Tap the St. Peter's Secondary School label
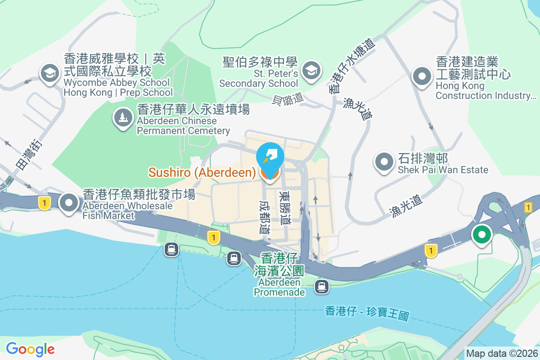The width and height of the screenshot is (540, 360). tap(259, 73)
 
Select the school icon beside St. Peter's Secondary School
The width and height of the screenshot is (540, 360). tap(310, 70)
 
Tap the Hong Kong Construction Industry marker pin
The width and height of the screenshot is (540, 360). tap(422, 75)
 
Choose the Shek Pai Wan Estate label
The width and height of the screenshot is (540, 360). tap(443, 164)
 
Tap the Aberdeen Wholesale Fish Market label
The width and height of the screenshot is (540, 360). tap(139, 205)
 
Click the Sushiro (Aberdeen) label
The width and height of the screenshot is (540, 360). tap(202, 172)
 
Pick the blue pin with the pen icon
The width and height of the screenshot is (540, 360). tap(270, 156)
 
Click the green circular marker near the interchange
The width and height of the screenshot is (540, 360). tap(482, 235)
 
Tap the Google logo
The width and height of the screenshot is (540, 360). tap(30, 349)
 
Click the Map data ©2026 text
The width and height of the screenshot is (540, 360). tap(501, 354)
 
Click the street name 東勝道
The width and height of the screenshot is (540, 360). tap(284, 208)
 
